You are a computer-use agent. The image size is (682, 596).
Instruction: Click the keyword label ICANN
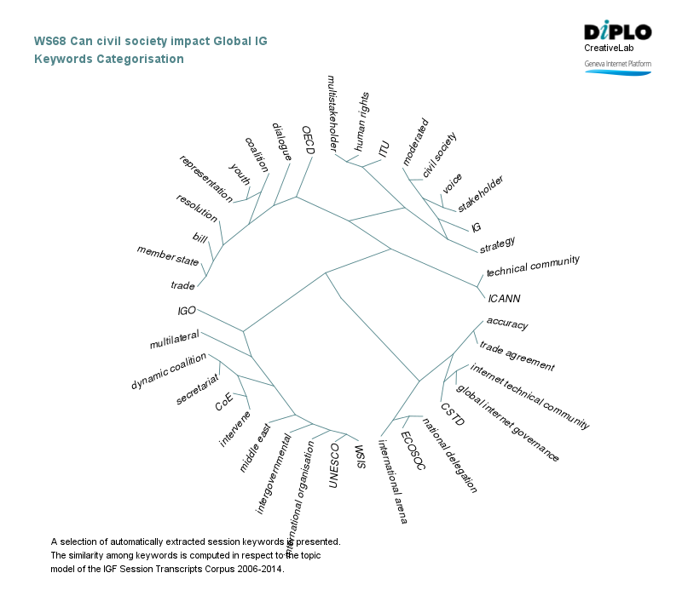[x=504, y=299]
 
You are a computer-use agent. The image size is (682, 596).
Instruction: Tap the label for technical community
[x=533, y=266]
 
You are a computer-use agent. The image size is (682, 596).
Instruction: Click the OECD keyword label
[x=309, y=140]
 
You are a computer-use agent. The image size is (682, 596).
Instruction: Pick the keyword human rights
[x=361, y=122]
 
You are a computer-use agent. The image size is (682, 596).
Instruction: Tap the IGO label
[x=187, y=311]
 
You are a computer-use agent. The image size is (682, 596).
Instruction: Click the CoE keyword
[x=224, y=401]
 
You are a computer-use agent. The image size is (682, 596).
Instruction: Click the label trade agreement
[x=517, y=357]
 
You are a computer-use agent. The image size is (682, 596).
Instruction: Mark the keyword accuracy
[x=507, y=324]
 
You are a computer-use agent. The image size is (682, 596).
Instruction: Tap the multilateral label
[x=174, y=339]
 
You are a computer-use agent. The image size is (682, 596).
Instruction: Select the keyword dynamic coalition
[x=169, y=372]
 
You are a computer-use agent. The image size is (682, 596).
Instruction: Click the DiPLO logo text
[x=618, y=32]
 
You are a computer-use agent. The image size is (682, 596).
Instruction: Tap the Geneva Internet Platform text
[x=617, y=64]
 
